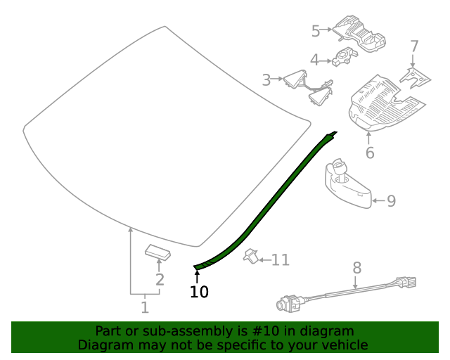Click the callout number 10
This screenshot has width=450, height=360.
coord(199,292)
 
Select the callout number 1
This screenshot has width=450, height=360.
coord(145,307)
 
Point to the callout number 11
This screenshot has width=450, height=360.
coord(281,260)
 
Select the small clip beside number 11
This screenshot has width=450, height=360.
coord(250,257)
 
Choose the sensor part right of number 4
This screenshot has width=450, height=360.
coord(345,58)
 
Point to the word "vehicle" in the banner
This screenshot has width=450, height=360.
coord(342,345)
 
